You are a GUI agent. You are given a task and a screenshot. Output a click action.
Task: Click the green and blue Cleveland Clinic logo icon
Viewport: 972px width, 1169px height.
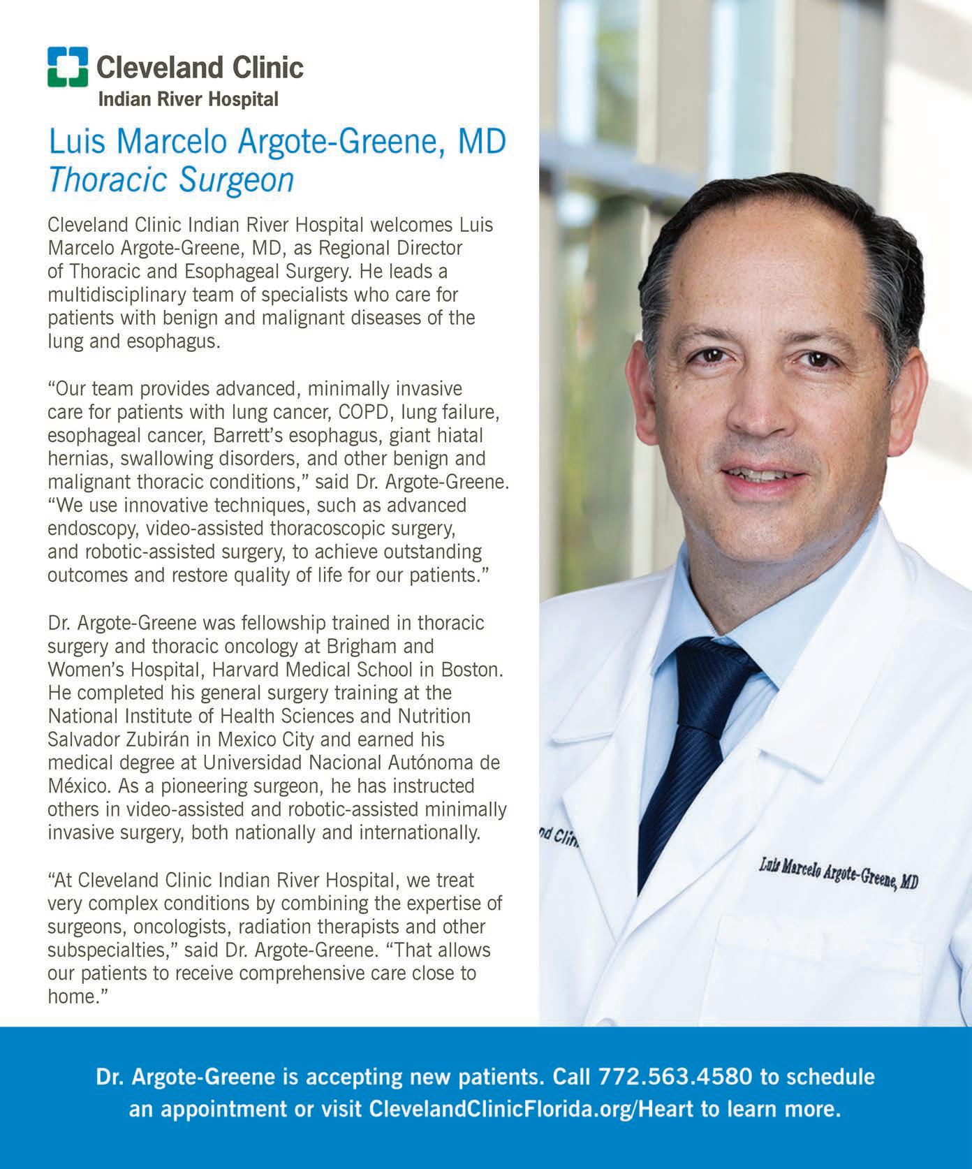(x=68, y=67)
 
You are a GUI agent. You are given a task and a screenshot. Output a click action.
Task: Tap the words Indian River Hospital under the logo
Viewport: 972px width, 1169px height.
(x=188, y=100)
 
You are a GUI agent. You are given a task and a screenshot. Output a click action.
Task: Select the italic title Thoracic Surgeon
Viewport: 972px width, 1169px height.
(x=171, y=180)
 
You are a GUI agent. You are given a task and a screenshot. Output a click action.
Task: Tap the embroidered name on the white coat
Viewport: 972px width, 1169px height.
(x=838, y=875)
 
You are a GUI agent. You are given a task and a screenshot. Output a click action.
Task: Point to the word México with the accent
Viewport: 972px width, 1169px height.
(x=76, y=786)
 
